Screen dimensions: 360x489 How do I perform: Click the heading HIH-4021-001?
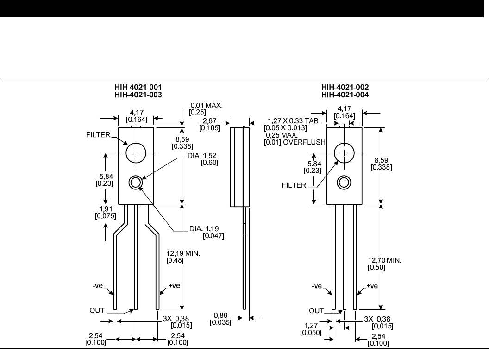coord(139,87)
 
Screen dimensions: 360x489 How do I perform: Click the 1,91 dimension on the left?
coord(102,209)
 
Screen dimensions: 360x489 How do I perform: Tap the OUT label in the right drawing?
coord(316,310)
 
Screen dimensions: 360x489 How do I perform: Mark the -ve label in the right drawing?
coord(317,287)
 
